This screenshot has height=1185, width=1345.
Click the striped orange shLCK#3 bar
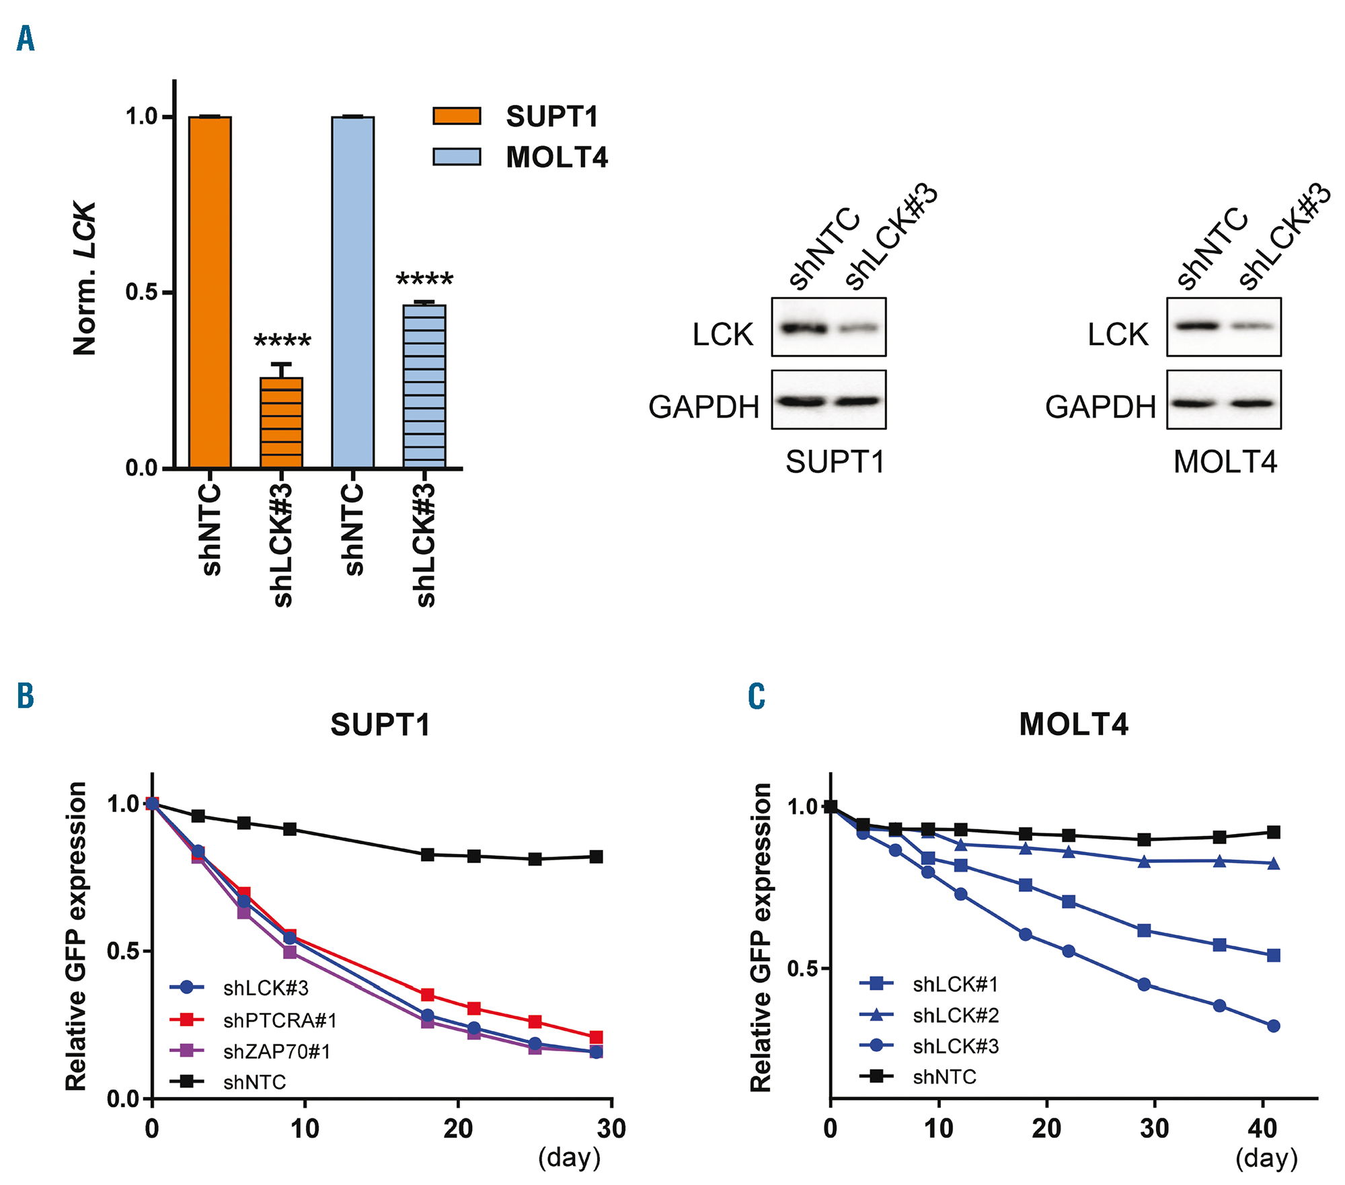281,422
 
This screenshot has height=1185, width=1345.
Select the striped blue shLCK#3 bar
424,386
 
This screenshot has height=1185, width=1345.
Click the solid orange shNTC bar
210,292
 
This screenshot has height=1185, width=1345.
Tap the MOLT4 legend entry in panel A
521,157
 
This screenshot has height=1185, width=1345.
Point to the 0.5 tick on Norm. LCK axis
141,293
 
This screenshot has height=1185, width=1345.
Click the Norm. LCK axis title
85,278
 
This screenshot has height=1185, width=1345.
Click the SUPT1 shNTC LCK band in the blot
803,328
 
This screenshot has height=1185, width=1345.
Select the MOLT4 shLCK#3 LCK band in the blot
1252,326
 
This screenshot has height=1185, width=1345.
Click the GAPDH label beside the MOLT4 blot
1100,407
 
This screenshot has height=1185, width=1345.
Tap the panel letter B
26,696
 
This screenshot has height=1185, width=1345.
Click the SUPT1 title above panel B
380,725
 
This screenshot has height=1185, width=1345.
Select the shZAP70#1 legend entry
250,1051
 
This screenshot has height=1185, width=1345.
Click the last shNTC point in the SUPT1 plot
596,857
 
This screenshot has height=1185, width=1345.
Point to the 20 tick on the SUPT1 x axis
458,1129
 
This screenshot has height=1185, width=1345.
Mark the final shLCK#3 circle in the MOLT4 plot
1273,1026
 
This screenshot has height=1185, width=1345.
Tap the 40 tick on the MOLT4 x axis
1262,1129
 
